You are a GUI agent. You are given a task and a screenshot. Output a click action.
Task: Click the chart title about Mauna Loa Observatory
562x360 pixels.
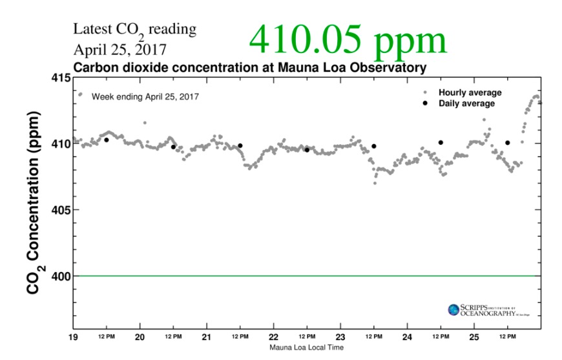(249, 67)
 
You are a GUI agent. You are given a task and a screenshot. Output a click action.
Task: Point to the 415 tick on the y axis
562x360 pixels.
(62, 78)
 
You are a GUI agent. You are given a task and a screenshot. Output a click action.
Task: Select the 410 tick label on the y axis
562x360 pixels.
(62, 143)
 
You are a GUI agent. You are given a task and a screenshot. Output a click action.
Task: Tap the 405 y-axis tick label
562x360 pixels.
(62, 210)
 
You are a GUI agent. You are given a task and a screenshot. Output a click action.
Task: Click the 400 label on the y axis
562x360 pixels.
(62, 276)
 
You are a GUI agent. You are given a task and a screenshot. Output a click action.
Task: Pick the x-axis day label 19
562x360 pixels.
(74, 337)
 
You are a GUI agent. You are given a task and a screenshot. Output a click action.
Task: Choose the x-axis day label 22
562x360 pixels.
(273, 337)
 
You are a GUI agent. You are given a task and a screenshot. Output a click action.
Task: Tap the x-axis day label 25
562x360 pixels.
(474, 337)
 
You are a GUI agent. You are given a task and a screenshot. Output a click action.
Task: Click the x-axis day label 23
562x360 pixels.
(340, 337)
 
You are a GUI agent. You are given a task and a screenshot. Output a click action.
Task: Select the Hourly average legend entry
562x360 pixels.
(470, 92)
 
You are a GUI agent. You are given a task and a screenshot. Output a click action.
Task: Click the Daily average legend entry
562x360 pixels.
(466, 103)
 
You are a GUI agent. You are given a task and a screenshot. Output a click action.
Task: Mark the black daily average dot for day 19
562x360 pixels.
(107, 140)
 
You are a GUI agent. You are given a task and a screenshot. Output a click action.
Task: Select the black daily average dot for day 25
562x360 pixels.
(508, 143)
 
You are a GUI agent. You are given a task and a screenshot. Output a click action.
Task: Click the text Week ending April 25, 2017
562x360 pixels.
(145, 96)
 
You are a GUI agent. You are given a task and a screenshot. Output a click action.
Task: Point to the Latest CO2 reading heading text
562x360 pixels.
(134, 30)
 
